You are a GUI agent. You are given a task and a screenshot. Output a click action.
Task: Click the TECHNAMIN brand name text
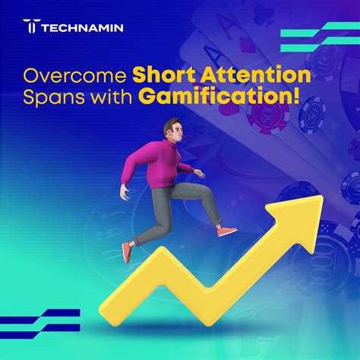coord(82,28)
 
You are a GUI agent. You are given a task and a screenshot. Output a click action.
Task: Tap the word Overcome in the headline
coord(74,76)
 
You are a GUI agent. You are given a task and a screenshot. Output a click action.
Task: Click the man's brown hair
coord(171,125)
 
